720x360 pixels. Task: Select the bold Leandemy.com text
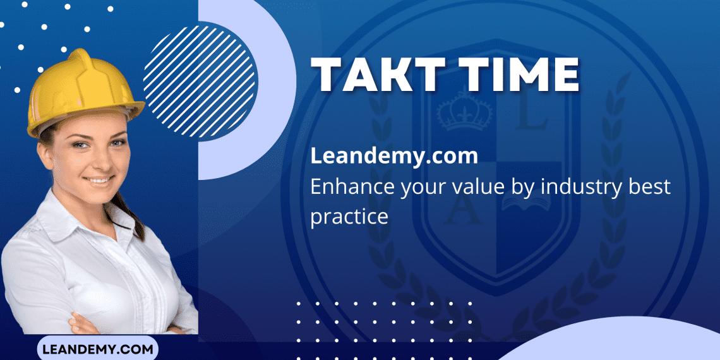tap(393, 156)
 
